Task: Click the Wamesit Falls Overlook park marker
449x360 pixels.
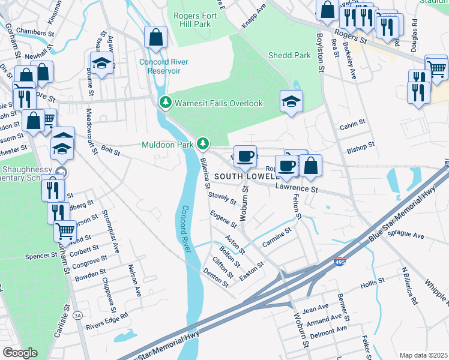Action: (165, 103)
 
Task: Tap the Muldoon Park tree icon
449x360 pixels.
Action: (203, 143)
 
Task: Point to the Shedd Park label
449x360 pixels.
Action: (290, 55)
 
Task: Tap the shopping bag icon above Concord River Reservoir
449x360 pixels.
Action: (155, 38)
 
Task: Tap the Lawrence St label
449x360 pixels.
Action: (295, 188)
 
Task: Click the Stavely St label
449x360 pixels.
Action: (220, 199)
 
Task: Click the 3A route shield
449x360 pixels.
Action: (77, 315)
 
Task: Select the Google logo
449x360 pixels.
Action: (20, 353)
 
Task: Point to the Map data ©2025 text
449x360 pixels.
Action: (423, 355)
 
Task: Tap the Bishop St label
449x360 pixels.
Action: (361, 145)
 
